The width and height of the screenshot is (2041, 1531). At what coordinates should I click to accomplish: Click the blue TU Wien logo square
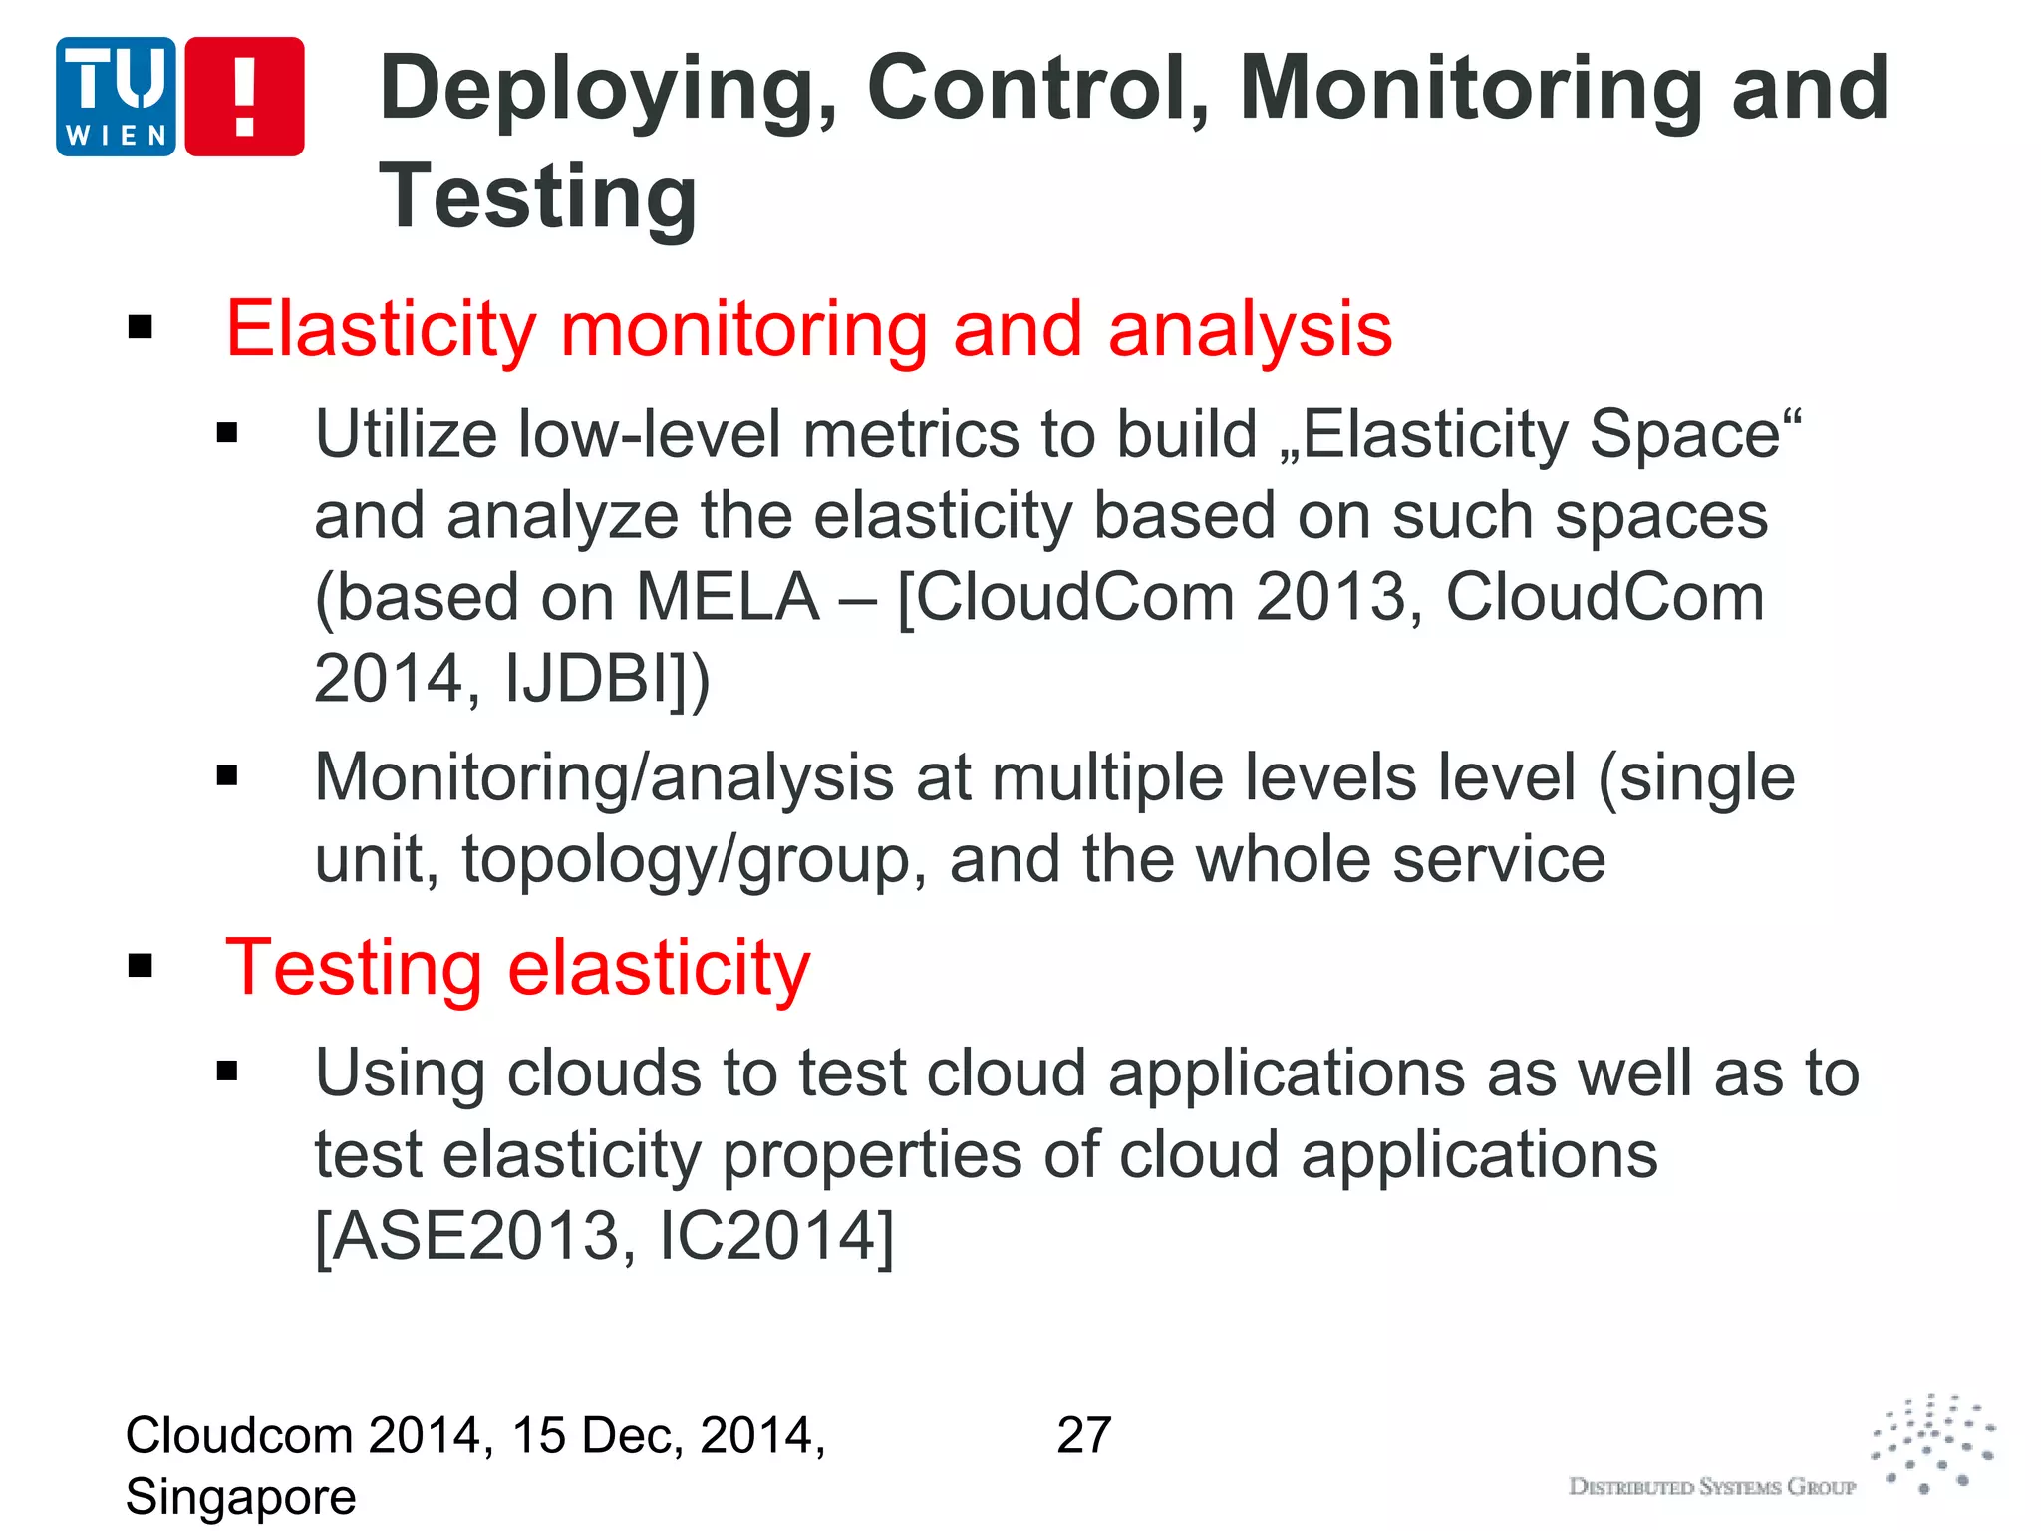point(116,97)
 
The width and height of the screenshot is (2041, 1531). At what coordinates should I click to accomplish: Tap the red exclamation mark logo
point(244,97)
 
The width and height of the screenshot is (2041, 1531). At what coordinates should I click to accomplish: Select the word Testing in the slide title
point(538,197)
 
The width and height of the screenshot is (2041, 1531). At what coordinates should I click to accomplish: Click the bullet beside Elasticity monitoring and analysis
point(141,327)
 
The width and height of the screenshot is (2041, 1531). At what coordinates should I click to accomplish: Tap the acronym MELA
point(728,598)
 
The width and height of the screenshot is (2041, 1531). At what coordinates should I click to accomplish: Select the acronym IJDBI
point(588,679)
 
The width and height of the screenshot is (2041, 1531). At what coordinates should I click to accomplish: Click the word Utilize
point(406,435)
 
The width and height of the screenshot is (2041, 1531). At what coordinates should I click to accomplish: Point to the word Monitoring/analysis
point(604,777)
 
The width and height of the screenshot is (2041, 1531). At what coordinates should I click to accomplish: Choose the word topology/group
point(687,859)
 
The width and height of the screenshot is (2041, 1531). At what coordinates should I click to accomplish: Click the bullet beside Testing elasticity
point(141,965)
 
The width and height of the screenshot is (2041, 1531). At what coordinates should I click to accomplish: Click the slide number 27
point(1084,1436)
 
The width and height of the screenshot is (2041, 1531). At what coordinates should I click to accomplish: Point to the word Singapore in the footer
point(240,1497)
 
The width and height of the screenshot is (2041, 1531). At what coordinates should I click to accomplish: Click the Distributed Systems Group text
point(1712,1487)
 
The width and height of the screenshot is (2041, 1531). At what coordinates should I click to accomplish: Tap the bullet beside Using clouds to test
point(228,1072)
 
